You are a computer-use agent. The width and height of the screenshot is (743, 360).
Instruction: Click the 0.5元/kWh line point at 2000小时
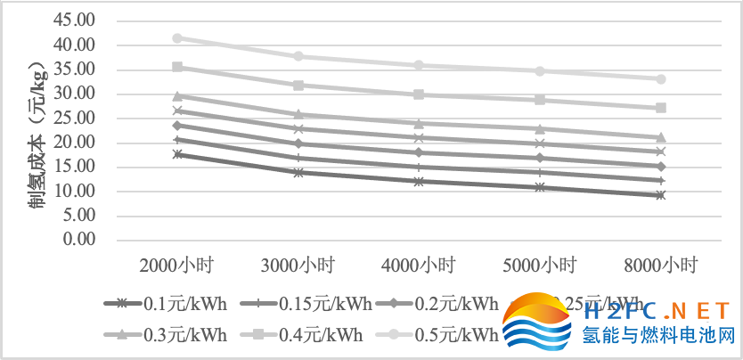point(177,38)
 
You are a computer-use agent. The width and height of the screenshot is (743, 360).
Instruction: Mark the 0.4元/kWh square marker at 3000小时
point(298,86)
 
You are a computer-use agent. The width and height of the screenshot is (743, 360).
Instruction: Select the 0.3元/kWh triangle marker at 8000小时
point(661,137)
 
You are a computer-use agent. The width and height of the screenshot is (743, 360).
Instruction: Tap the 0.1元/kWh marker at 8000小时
point(661,195)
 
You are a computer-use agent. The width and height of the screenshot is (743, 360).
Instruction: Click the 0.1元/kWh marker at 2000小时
point(177,154)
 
